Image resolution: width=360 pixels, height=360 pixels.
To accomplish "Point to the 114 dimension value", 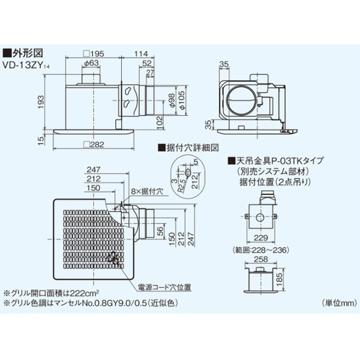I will pos(142,54).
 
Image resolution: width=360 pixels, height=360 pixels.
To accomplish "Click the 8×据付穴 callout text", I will pos(146,191).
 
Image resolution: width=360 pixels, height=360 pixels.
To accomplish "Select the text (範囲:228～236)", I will pos(259,247).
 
